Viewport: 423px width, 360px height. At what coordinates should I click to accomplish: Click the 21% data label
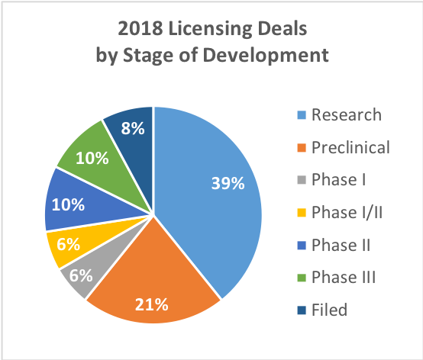pyautogui.click(x=152, y=305)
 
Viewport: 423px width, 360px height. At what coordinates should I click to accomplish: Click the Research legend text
pyautogui.click(x=346, y=115)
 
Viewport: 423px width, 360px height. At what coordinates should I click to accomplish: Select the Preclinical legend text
pyautogui.click(x=350, y=147)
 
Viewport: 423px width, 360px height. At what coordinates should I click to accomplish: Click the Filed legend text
pyautogui.click(x=329, y=310)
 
